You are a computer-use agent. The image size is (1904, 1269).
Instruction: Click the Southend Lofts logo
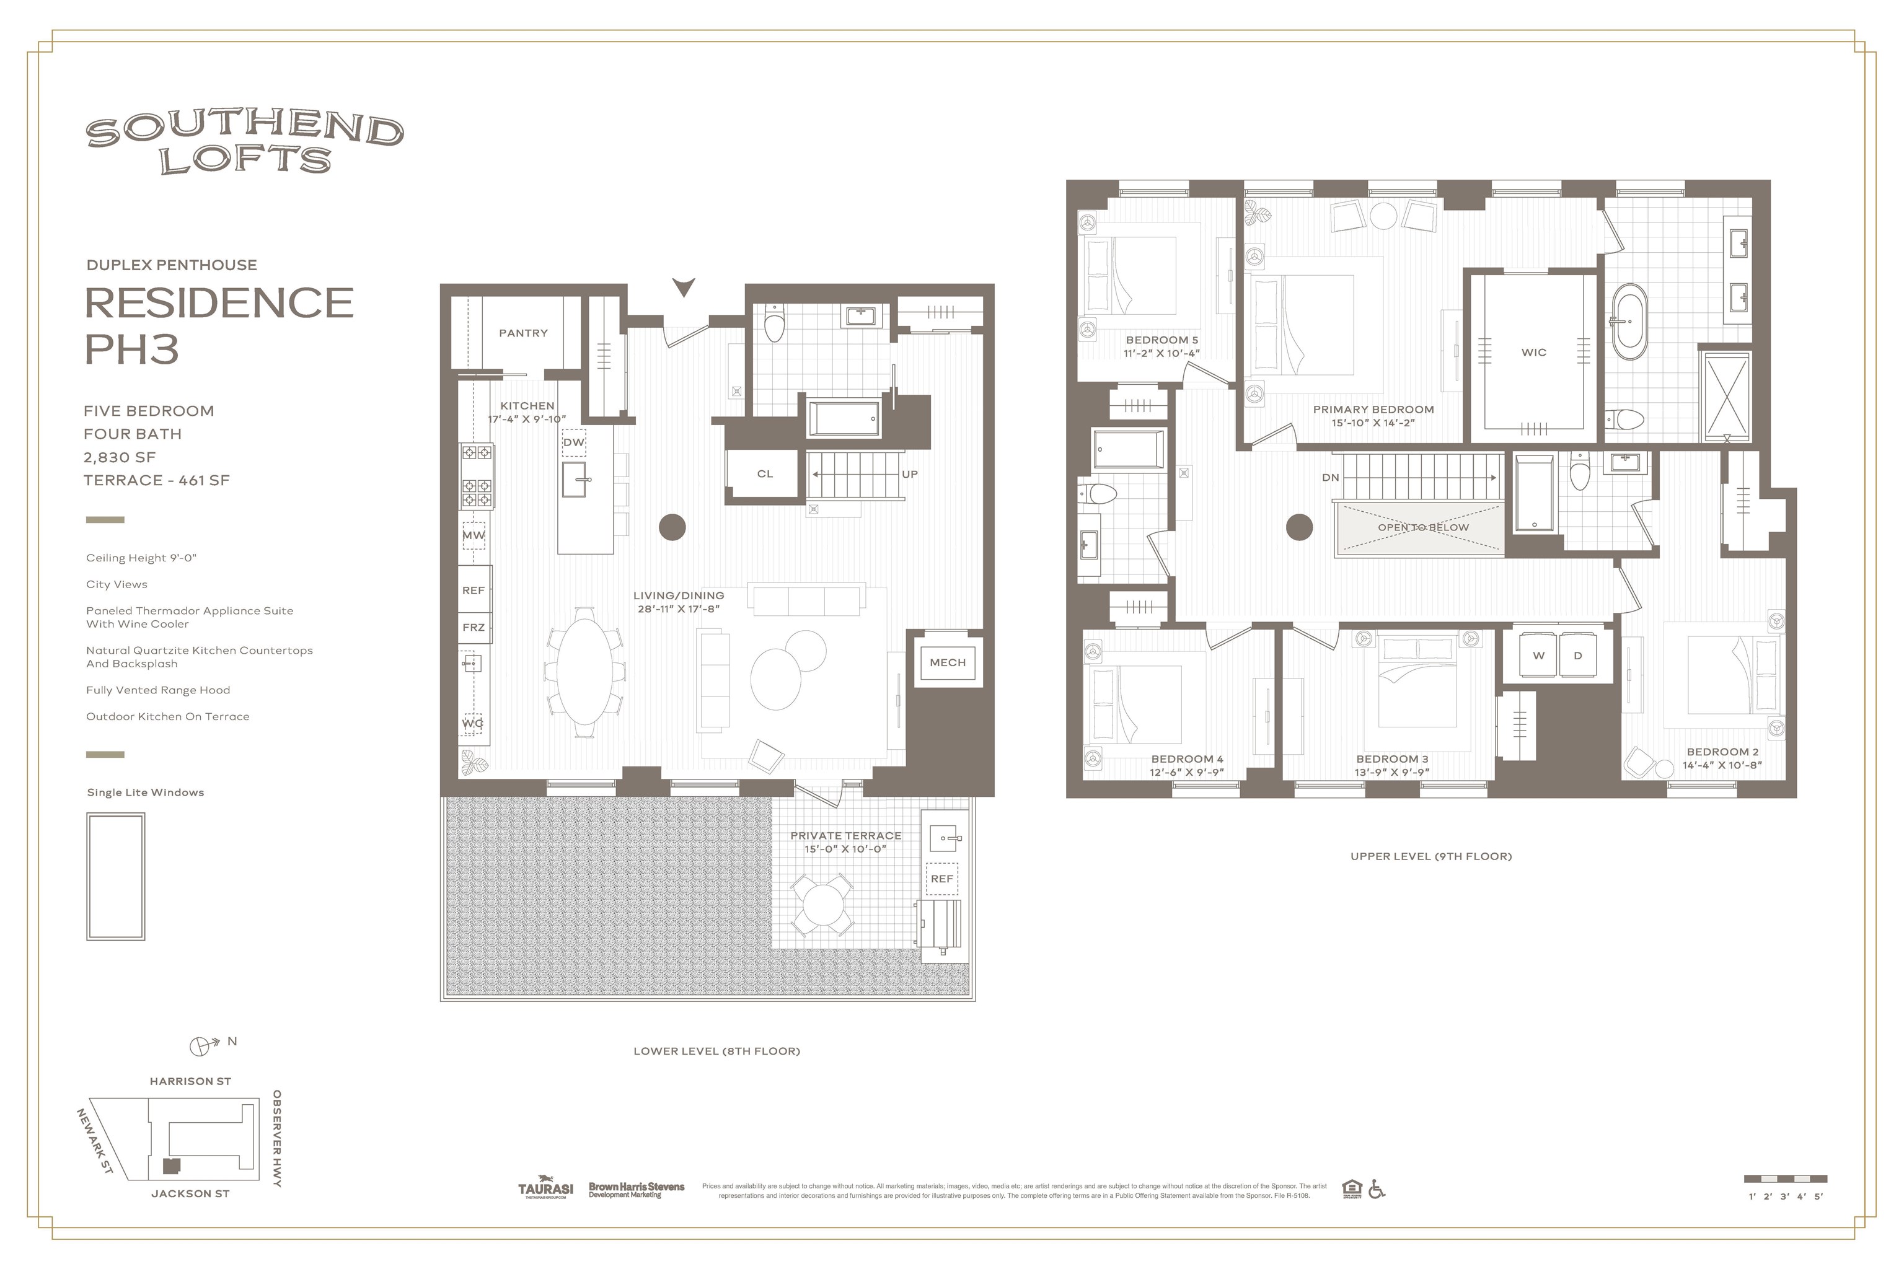pyautogui.click(x=244, y=143)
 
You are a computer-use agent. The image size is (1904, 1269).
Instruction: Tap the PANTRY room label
pyautogui.click(x=523, y=333)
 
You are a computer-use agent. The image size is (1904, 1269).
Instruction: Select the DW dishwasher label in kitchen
pyautogui.click(x=573, y=442)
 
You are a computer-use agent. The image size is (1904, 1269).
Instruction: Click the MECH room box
pyautogui.click(x=947, y=662)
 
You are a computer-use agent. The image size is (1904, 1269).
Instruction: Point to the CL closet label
pyautogui.click(x=764, y=473)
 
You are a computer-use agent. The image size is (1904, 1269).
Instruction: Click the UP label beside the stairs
pyautogui.click(x=909, y=474)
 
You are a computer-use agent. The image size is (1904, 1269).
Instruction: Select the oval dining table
pyautogui.click(x=585, y=672)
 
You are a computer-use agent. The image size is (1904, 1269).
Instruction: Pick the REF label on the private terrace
pyautogui.click(x=941, y=878)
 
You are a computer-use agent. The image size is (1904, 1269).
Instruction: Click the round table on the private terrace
pyautogui.click(x=822, y=905)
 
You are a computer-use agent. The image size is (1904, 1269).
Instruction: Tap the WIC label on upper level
pyautogui.click(x=1533, y=352)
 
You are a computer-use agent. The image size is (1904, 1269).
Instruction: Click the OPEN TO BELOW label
pyautogui.click(x=1422, y=527)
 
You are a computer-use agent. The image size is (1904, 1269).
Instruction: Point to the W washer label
pyautogui.click(x=1538, y=656)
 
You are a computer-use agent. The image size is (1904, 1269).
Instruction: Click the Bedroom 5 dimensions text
pyautogui.click(x=1161, y=353)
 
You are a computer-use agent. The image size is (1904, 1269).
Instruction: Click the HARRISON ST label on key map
pyautogui.click(x=190, y=1081)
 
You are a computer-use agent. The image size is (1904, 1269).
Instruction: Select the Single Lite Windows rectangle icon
pyautogui.click(x=116, y=877)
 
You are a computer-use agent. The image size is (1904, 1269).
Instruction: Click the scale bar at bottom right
pyautogui.click(x=1785, y=1179)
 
